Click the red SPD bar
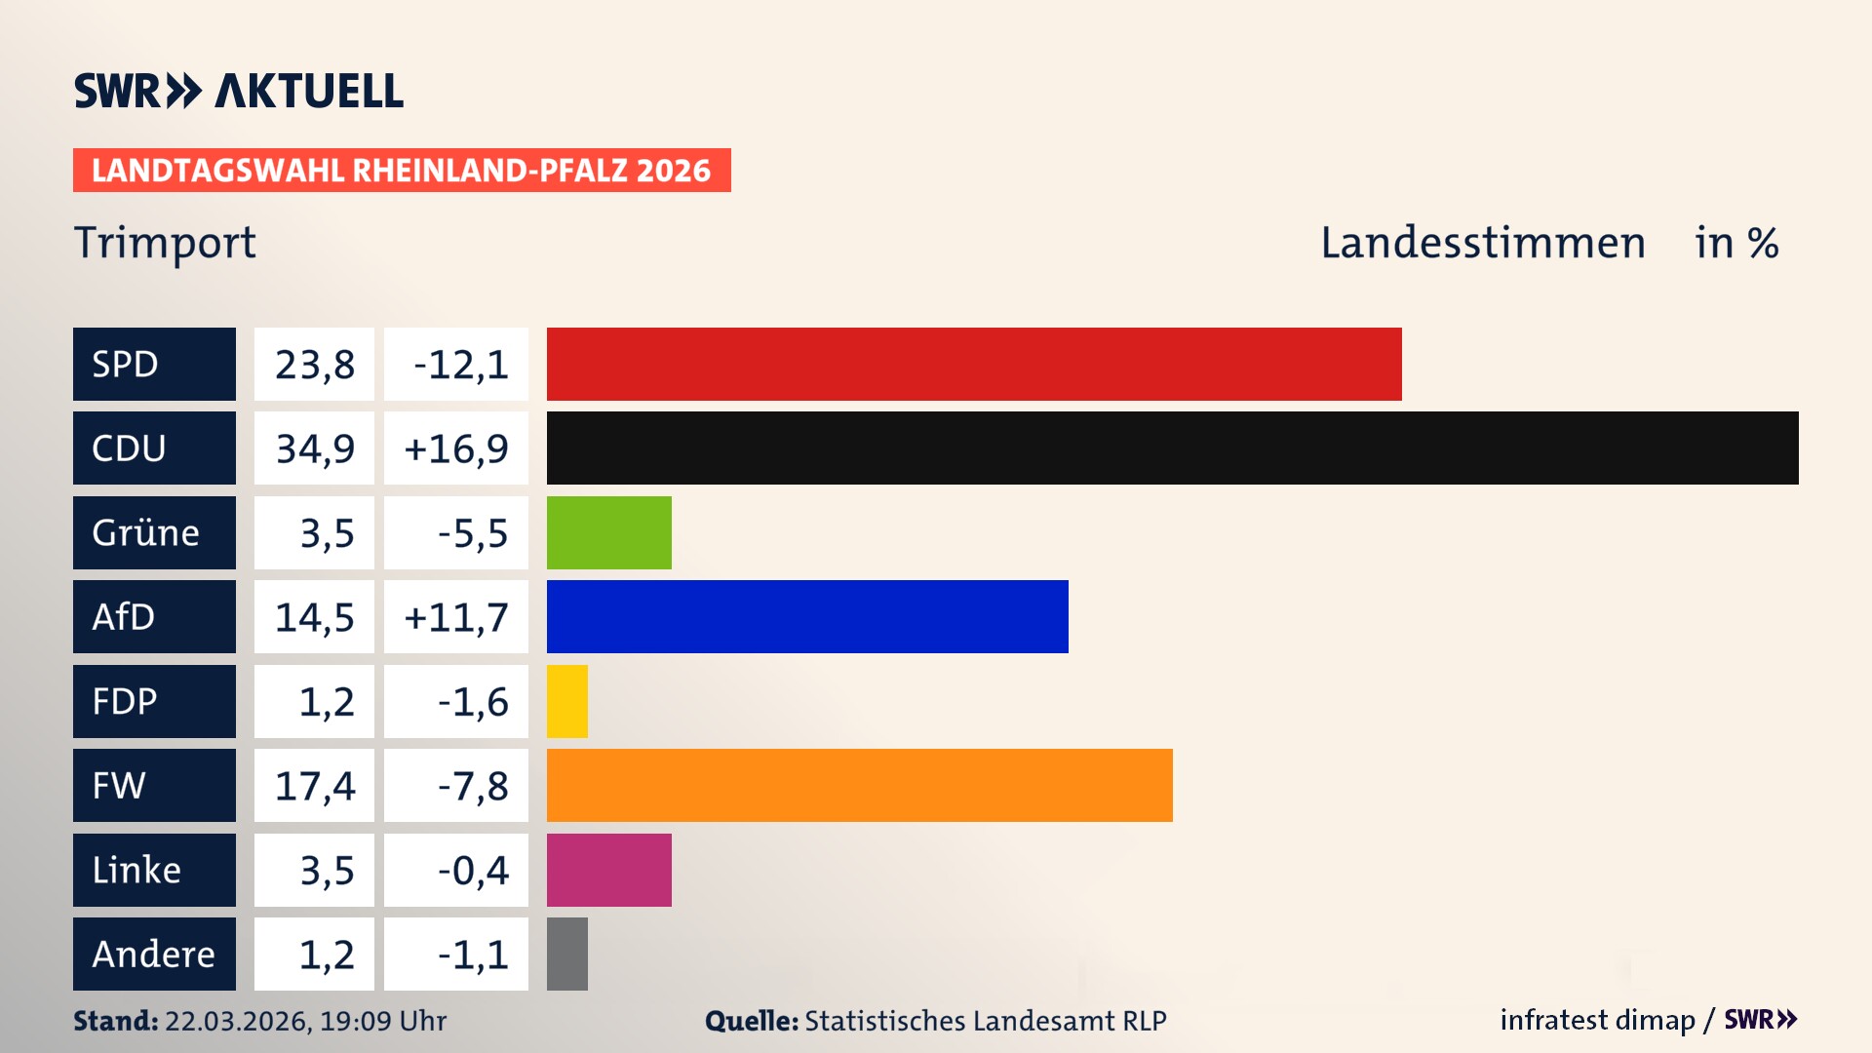973,364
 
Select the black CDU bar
1172,448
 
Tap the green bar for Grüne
608,532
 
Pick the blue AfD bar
807,616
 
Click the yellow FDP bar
566,701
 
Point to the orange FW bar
859,785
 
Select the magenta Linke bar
608,870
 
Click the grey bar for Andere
566,954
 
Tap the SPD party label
154,364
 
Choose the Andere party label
154,954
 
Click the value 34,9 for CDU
314,448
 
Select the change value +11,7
455,617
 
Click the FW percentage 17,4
314,786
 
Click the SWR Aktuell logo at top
238,91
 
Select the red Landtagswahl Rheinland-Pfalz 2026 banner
401,171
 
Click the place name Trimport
165,242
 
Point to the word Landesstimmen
1482,243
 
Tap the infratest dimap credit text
1597,1020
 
